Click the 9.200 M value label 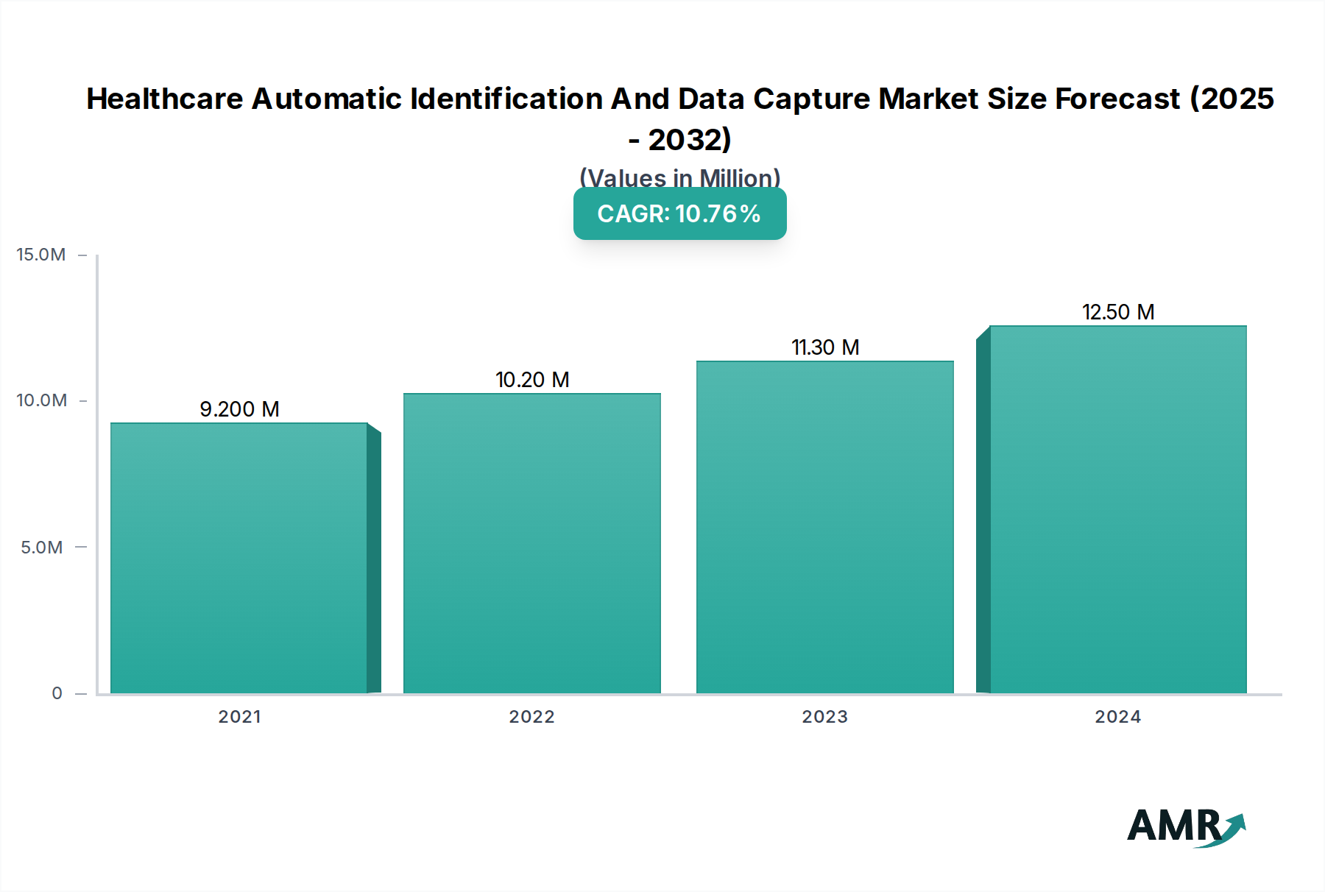pos(240,409)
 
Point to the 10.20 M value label pos(532,380)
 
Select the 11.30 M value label pos(825,347)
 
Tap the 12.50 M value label pos(1118,312)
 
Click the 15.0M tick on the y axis pos(41,255)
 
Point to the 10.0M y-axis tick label pos(41,400)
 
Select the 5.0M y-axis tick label pos(42,548)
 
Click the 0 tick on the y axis pos(57,693)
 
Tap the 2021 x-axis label pos(239,717)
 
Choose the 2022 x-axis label pos(532,717)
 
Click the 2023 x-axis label pos(825,717)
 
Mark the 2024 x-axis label pos(1118,717)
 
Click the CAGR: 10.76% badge pos(679,213)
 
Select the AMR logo pos(1185,827)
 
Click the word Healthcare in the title pos(165,99)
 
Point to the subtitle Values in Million pos(679,177)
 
